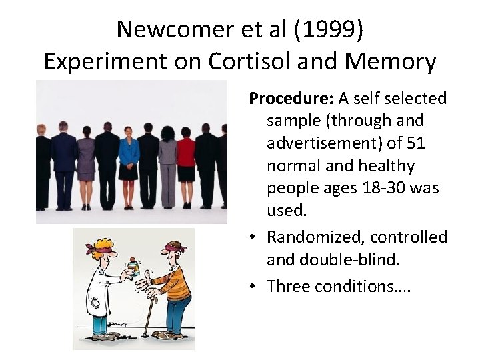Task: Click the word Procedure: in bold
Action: pos(291,99)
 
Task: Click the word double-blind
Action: pos(351,260)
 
